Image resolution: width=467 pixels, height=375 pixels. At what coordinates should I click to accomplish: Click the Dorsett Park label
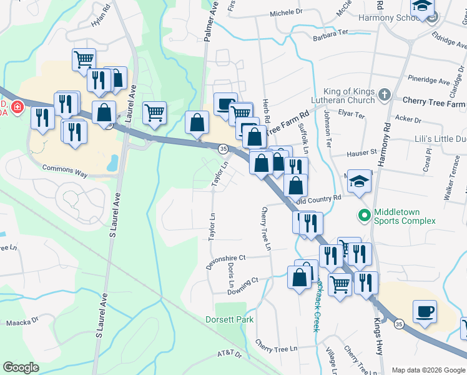point(230,319)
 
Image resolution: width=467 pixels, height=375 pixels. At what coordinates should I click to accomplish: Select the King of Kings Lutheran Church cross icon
point(385,96)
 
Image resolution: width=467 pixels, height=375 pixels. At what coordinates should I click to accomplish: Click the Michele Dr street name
point(286,12)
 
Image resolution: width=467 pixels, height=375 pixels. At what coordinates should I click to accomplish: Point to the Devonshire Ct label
point(227,261)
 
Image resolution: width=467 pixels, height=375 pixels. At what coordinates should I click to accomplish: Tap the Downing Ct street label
point(243,285)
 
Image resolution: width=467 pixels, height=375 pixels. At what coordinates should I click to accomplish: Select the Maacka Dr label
point(22,323)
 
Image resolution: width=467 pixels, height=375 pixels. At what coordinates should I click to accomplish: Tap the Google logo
point(21,367)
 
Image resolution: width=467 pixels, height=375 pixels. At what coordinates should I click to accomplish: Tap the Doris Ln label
point(231,271)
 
